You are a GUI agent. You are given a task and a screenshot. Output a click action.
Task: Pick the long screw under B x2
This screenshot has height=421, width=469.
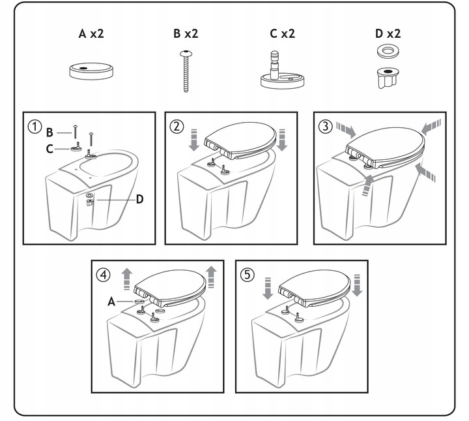[186, 72]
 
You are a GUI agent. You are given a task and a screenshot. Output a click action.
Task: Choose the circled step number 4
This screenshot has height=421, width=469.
[102, 275]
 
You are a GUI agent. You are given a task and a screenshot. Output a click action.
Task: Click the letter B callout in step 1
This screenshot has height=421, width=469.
[50, 133]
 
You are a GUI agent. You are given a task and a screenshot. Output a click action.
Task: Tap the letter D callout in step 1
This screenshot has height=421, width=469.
[139, 198]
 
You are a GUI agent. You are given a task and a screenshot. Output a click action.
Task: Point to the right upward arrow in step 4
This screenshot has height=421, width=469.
[211, 277]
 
